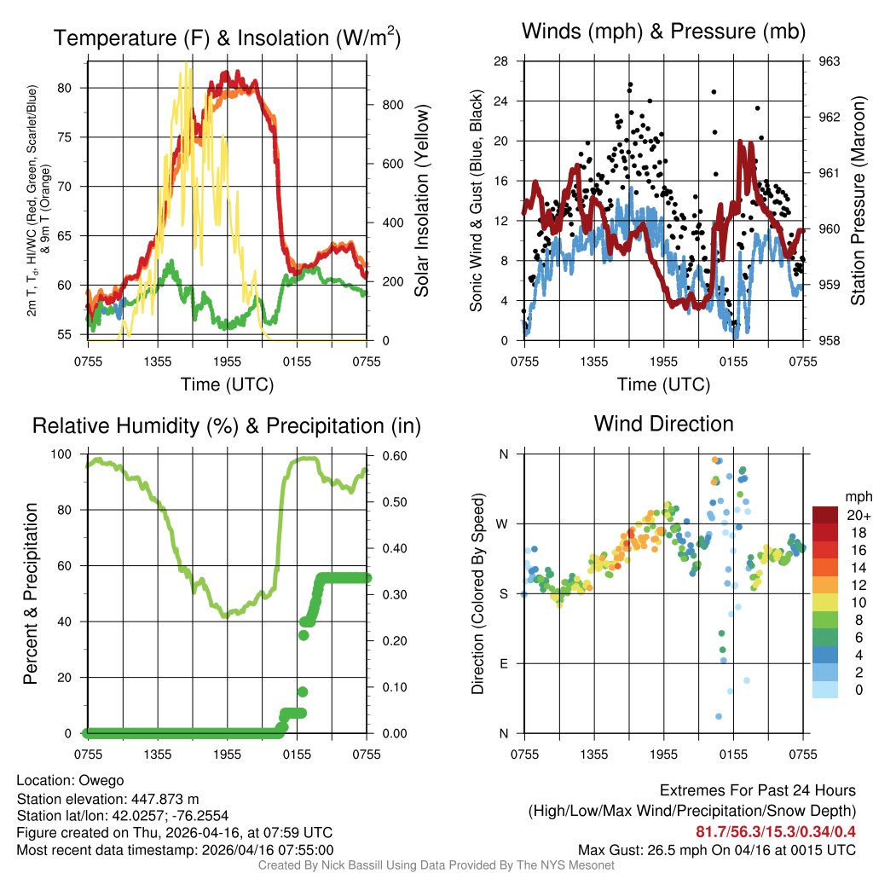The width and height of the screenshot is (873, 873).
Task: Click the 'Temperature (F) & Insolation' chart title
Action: point(227,38)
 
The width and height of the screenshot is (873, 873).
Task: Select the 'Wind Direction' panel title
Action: point(663,424)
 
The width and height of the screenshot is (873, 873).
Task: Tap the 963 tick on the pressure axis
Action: point(830,61)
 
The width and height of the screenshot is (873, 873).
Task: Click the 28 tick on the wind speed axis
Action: point(501,61)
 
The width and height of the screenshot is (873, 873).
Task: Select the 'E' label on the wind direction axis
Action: point(505,663)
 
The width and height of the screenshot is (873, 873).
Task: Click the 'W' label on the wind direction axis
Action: point(504,523)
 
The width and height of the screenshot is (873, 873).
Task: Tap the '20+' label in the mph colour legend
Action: point(855,515)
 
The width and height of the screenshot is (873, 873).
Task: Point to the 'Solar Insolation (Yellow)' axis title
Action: point(421,201)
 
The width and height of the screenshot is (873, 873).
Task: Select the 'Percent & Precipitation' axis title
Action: point(31,593)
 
